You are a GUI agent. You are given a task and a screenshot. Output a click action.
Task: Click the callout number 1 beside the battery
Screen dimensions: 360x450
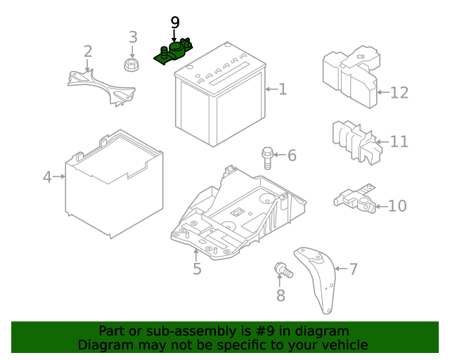[283, 89]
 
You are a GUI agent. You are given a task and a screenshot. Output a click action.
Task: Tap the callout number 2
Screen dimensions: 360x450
[88, 51]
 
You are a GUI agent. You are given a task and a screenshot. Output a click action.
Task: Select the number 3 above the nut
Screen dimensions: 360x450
[133, 37]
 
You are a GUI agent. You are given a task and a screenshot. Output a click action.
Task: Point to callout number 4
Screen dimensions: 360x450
[47, 177]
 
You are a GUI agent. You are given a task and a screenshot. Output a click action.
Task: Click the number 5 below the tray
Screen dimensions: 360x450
[197, 269]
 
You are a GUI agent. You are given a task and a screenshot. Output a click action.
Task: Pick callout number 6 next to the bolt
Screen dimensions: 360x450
[291, 155]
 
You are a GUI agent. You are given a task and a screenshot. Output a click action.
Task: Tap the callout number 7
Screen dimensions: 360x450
[353, 268]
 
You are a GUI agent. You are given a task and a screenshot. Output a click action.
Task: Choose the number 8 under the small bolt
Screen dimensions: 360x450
[281, 295]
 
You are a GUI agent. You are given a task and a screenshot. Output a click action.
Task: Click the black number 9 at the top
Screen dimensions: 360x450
[175, 23]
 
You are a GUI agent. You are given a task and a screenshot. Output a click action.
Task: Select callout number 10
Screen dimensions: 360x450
[397, 206]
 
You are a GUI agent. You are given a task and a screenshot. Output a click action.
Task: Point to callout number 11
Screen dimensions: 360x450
[399, 142]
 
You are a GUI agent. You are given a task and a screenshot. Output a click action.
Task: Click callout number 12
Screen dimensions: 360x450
[399, 92]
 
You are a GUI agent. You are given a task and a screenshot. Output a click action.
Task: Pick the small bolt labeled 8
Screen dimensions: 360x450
[282, 269]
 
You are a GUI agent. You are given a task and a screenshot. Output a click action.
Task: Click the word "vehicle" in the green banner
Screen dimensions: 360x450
[345, 345]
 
